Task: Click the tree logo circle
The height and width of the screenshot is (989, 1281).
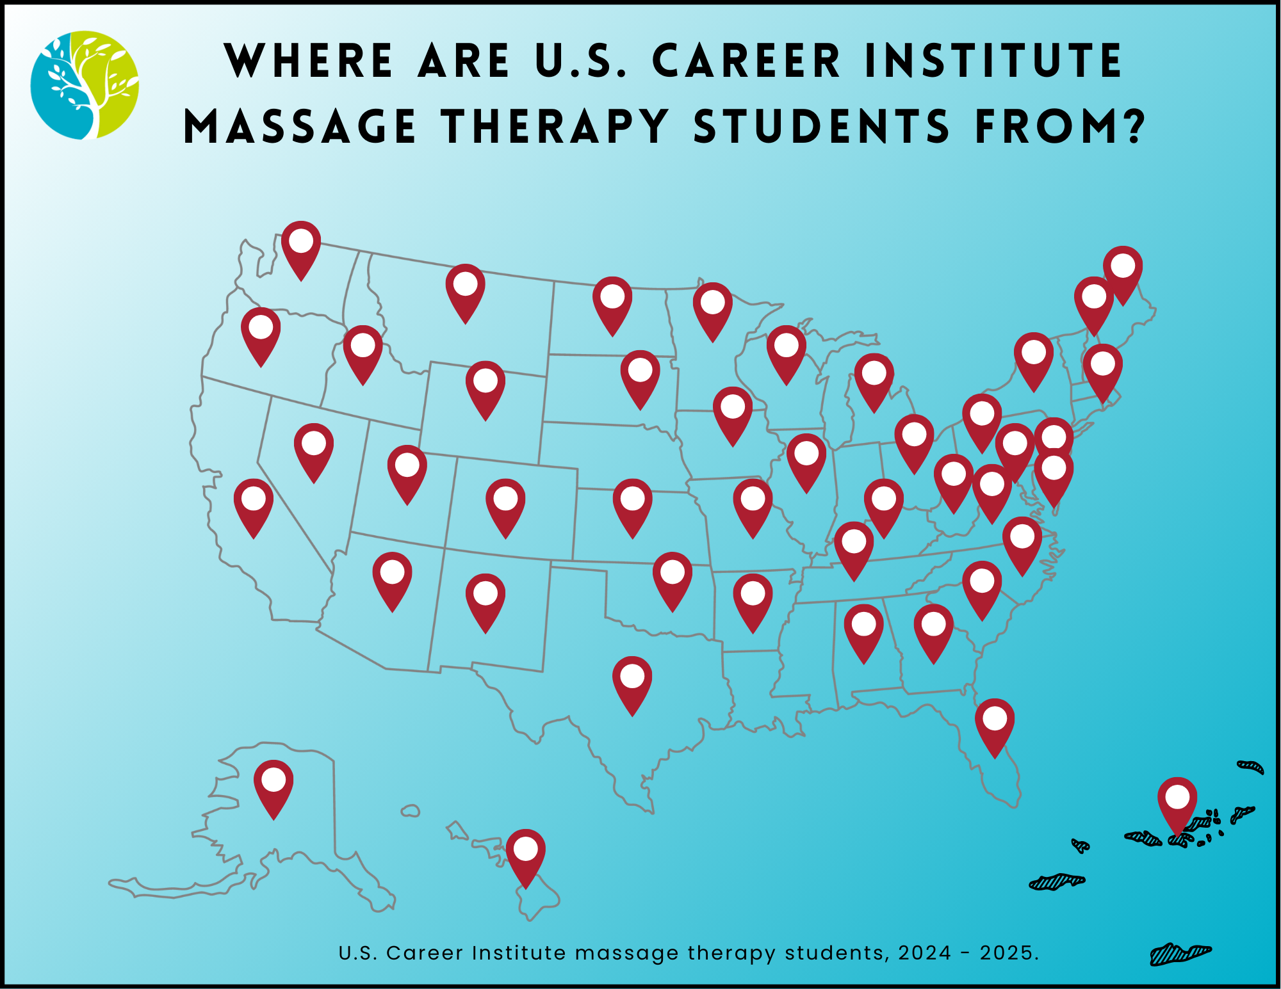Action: click(85, 85)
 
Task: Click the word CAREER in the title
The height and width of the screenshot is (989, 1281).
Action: click(746, 61)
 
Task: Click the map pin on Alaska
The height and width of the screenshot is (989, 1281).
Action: click(273, 787)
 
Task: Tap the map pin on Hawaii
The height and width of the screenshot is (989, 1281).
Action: click(526, 856)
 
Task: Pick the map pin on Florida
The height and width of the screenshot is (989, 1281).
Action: click(995, 725)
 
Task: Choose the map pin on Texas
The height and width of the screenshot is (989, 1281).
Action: click(632, 683)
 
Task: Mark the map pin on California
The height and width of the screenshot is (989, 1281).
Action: click(254, 505)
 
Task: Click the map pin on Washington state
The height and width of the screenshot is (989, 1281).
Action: click(301, 248)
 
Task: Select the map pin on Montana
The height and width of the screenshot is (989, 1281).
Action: click(466, 291)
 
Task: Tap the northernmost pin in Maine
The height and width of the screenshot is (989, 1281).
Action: click(1123, 273)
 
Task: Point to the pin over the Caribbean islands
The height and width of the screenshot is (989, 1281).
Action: click(1177, 805)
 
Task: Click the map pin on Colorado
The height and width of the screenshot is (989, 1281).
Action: click(505, 505)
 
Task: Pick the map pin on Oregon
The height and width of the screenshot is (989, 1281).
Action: click(261, 334)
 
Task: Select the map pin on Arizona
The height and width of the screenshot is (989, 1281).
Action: click(392, 579)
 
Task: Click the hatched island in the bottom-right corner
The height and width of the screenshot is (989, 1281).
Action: click(1180, 954)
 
